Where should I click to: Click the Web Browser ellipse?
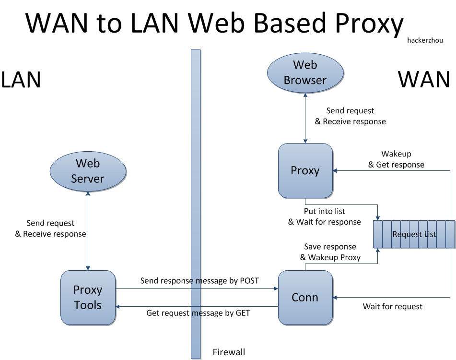305,73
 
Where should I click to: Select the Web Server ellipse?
88,171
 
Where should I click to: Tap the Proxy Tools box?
88,298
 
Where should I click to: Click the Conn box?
305,298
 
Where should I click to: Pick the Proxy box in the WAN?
305,170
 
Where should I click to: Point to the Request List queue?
414,234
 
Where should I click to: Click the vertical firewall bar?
196,204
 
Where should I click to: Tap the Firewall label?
229,352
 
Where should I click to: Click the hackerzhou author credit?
425,40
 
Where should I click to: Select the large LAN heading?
21,80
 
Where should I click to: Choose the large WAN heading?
424,79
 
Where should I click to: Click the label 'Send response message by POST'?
199,280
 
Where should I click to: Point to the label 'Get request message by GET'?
198,313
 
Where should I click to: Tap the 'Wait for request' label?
393,306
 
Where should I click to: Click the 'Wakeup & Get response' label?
396,159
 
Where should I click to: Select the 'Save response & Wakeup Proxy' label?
330,252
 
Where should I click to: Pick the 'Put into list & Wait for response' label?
324,216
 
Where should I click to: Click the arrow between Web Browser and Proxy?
305,118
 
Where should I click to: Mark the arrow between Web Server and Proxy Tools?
88,231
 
